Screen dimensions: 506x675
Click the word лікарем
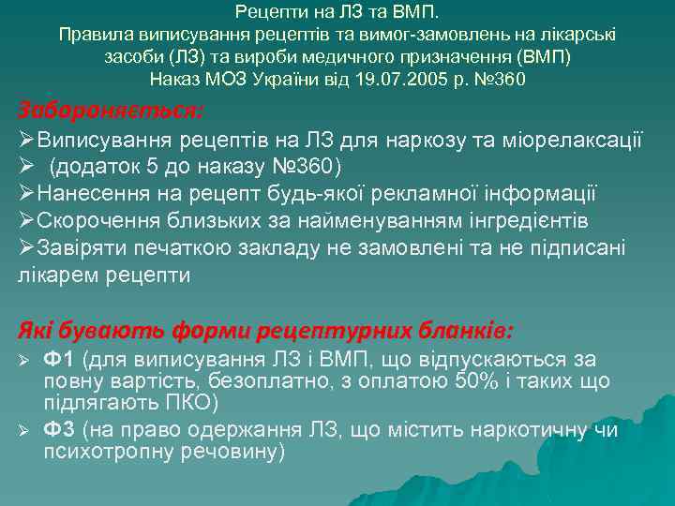tap(56, 275)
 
